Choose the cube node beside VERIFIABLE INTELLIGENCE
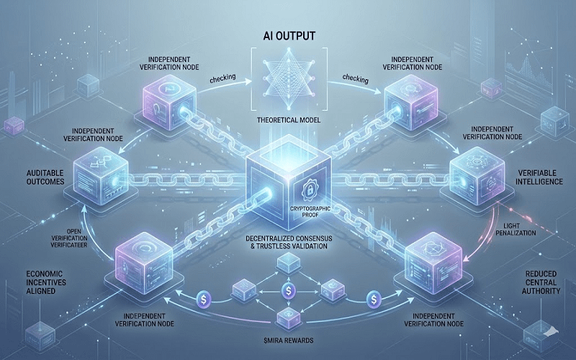[472, 169]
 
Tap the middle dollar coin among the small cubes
[288, 289]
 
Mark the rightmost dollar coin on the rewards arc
[374, 297]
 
